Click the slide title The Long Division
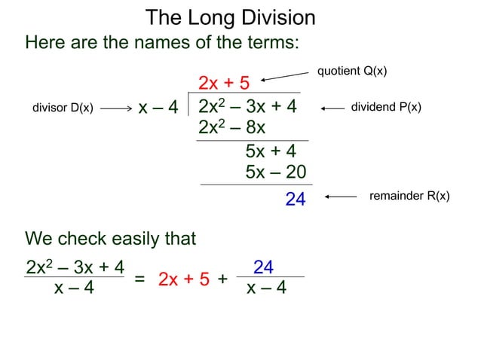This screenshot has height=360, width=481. (230, 17)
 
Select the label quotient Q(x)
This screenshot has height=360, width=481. (352, 71)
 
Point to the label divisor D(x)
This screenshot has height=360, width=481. (63, 108)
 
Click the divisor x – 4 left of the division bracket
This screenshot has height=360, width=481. (158, 108)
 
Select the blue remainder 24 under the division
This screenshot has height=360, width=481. (295, 200)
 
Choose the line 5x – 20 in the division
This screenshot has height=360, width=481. (275, 172)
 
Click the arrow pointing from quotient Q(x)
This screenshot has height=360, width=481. (287, 75)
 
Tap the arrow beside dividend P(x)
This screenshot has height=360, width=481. (332, 108)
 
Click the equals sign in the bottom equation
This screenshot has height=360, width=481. (139, 279)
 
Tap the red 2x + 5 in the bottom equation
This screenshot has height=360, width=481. (184, 279)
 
